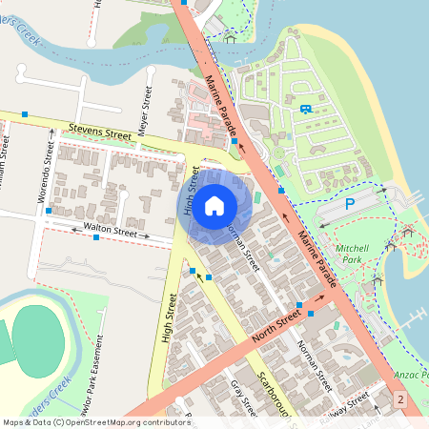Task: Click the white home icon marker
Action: (x=214, y=204)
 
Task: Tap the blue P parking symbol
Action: (x=349, y=204)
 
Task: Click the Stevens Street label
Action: (x=99, y=131)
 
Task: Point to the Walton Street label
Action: (x=112, y=230)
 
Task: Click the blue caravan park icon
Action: (x=305, y=108)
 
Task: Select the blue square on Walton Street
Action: (x=96, y=237)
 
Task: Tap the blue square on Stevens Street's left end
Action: (x=25, y=114)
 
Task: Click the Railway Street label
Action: (x=346, y=408)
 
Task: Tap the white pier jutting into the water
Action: (x=416, y=317)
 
